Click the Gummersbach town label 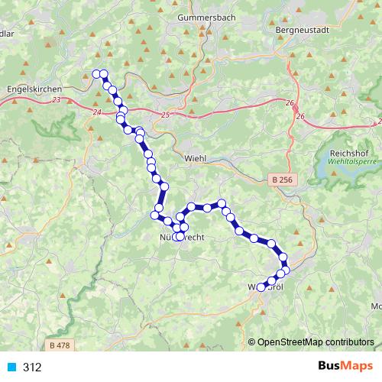pos(203,16)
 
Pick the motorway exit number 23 pos(58,99)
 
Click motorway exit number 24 pos(95,113)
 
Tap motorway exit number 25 pos(167,115)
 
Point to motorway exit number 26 pos(300,116)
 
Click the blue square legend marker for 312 pos(11,367)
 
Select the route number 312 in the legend pos(32,367)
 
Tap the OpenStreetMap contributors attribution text pos(316,342)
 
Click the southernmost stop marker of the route pos(261,287)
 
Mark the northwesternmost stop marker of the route pos(96,73)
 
